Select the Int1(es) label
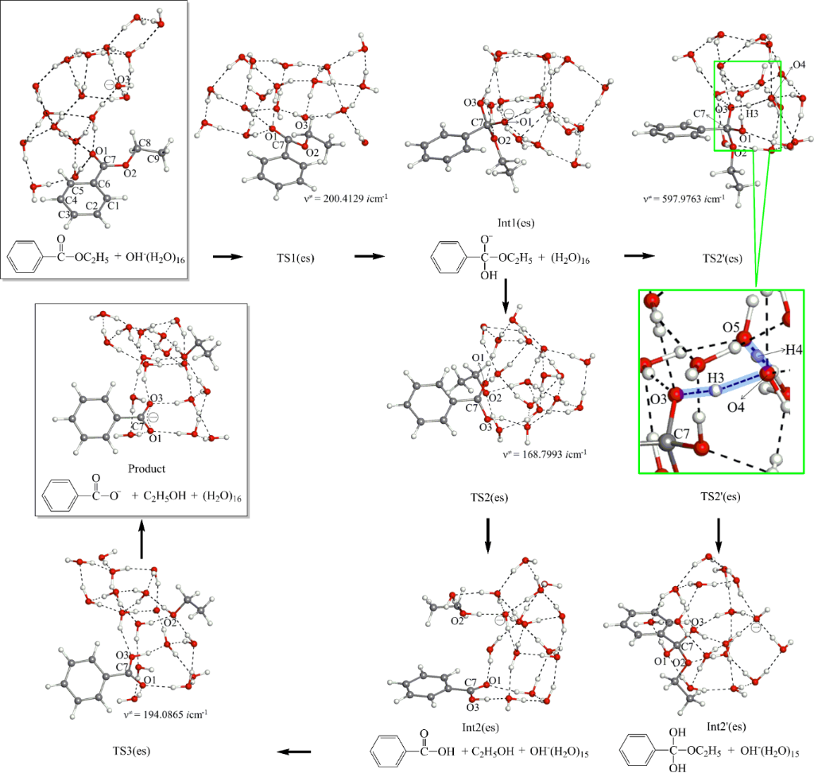(506, 225)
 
